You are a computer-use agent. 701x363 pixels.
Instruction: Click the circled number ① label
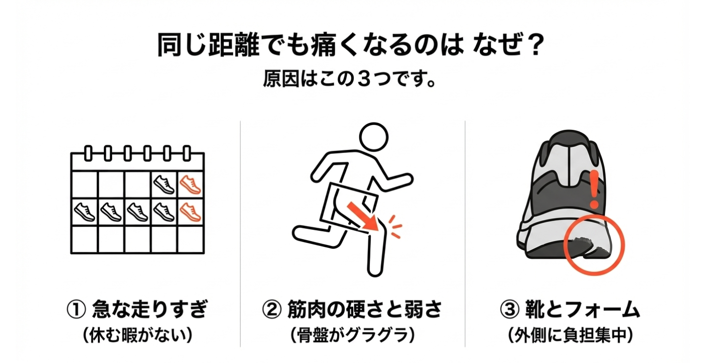pos(76,309)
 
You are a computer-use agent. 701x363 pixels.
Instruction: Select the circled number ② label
pos(272,309)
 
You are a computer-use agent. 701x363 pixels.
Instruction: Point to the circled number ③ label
pos(510,309)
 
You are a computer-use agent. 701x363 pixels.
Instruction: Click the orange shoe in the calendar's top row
pos(190,184)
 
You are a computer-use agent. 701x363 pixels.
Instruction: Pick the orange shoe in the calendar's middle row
pos(190,212)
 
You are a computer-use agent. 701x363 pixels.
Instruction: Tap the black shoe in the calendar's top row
pos(164,184)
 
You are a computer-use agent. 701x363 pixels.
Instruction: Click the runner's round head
pos(374,137)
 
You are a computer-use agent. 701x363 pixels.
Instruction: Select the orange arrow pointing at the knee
pos(364,216)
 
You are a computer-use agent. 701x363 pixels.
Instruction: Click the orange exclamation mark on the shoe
pos(594,189)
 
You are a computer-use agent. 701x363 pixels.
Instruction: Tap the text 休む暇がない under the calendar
pos(137,335)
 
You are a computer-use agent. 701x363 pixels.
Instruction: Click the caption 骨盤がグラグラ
pos(352,335)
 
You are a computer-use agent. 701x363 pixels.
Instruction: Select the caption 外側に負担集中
pos(570,335)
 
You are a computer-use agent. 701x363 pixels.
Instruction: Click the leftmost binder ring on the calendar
pos(88,153)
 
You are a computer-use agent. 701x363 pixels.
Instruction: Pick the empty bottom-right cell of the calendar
pos(190,239)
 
